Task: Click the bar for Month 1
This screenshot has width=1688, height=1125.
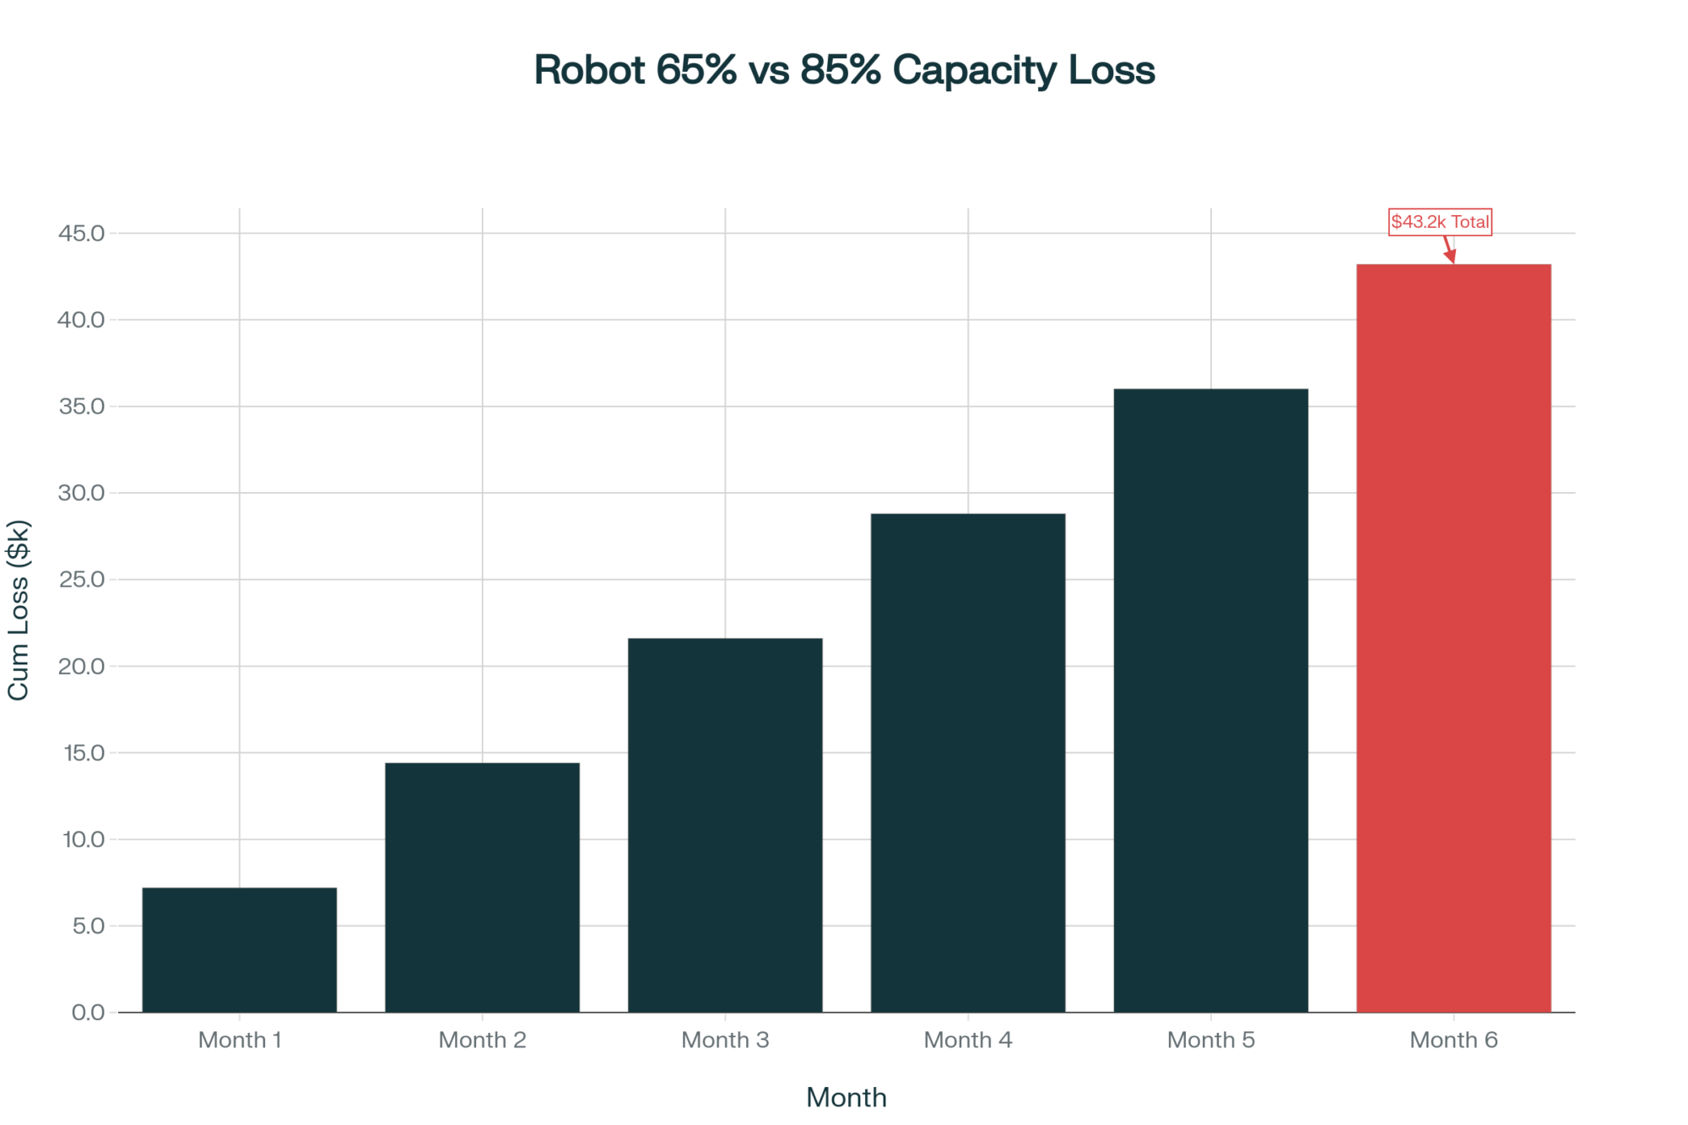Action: click(x=239, y=949)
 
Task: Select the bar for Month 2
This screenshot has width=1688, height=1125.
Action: click(x=482, y=887)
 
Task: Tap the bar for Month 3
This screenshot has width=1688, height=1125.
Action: click(x=725, y=825)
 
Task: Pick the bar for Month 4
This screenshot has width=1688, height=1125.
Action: click(x=968, y=762)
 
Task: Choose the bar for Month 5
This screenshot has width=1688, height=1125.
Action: click(x=1211, y=700)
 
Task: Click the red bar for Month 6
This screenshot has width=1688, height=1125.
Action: click(x=1453, y=637)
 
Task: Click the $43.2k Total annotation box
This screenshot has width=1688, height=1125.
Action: click(x=1440, y=222)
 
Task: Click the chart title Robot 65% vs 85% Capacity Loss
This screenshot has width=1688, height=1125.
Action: click(x=844, y=70)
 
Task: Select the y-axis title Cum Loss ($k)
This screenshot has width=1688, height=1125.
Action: click(x=19, y=609)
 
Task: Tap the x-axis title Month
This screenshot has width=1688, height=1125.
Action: click(x=846, y=1097)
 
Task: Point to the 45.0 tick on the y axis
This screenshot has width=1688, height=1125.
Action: click(x=81, y=233)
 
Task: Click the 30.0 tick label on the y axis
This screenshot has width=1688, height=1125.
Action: click(x=81, y=493)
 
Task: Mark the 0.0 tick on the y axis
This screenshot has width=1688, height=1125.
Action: click(x=88, y=1012)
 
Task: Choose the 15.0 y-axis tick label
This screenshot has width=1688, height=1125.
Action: click(x=84, y=753)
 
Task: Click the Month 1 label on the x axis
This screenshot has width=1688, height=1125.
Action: click(x=239, y=1040)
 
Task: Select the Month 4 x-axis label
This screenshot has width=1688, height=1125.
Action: click(x=968, y=1040)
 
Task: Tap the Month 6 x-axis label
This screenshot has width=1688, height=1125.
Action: click(x=1453, y=1040)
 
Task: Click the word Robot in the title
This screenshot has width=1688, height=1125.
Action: click(x=589, y=70)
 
